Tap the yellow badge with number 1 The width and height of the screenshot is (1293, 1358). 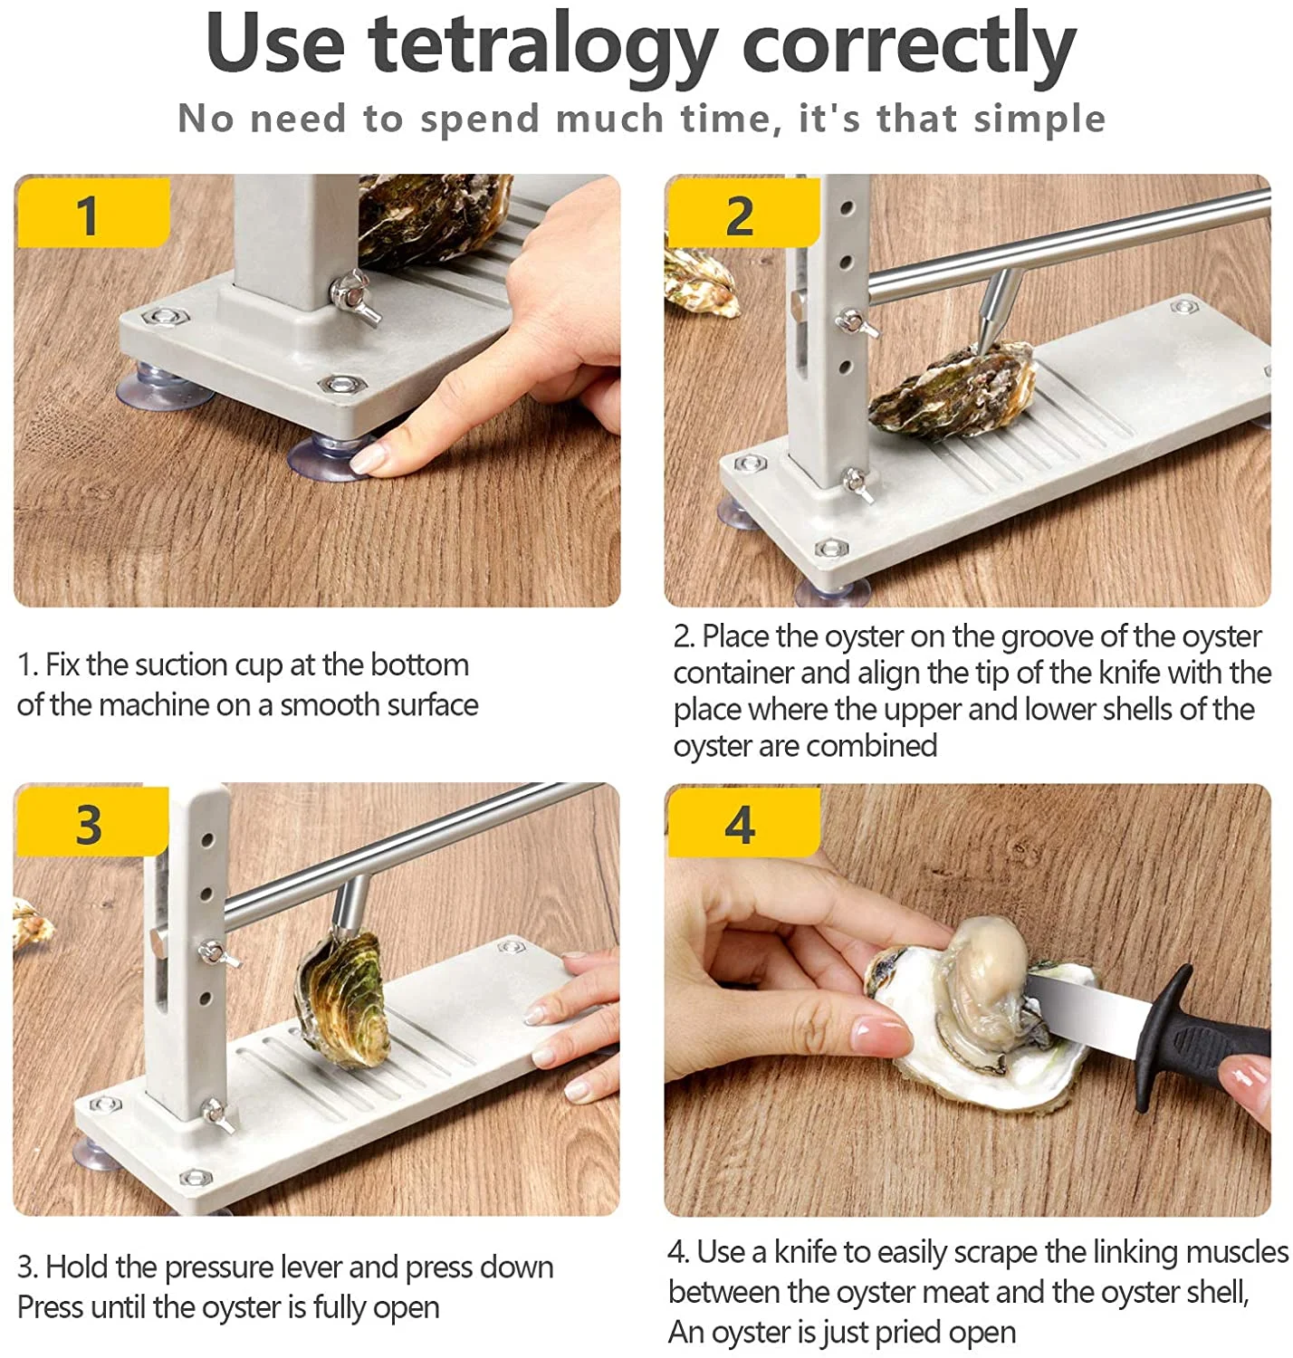[93, 213]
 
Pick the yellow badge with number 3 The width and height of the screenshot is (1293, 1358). [91, 822]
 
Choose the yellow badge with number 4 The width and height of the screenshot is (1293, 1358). [743, 822]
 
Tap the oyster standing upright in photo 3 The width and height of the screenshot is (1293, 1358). [340, 996]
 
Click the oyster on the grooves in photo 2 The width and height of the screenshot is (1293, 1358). [953, 391]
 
